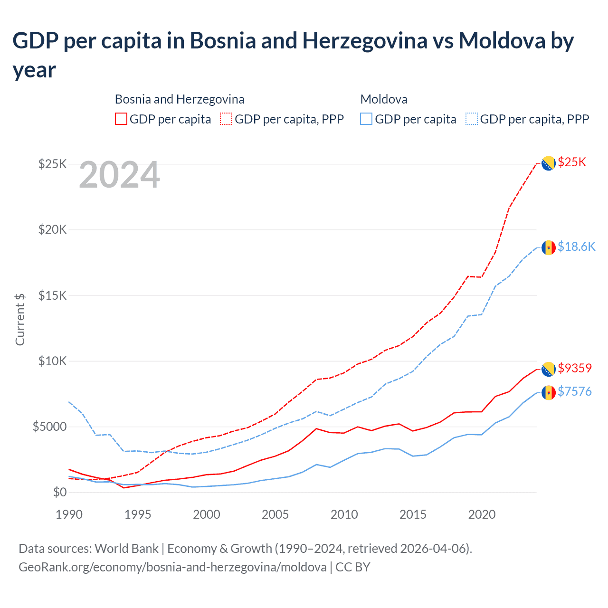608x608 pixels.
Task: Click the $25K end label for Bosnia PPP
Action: pyautogui.click(x=572, y=162)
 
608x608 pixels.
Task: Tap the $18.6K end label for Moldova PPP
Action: pyautogui.click(x=576, y=247)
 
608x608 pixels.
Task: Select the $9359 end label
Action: pyautogui.click(x=575, y=368)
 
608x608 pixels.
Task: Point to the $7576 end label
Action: pyautogui.click(x=575, y=391)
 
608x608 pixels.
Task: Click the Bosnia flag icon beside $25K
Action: pyautogui.click(x=549, y=163)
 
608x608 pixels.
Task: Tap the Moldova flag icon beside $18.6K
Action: pyautogui.click(x=549, y=247)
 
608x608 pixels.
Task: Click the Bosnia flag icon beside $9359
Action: pyautogui.click(x=549, y=369)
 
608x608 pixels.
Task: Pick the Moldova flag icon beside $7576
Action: pyautogui.click(x=549, y=392)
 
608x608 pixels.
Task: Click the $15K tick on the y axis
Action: pyautogui.click(x=52, y=295)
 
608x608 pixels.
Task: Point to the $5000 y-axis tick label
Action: pyautogui.click(x=49, y=427)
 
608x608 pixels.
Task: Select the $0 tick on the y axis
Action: pyautogui.click(x=59, y=492)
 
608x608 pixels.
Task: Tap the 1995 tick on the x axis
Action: pyautogui.click(x=138, y=514)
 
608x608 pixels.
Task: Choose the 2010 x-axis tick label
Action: pyautogui.click(x=344, y=514)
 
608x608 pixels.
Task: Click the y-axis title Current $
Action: pyautogui.click(x=20, y=319)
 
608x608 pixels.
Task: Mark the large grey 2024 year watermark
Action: pyautogui.click(x=119, y=175)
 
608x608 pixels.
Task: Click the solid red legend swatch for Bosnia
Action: pyautogui.click(x=121, y=119)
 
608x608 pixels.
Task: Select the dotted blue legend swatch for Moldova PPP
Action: pyautogui.click(x=472, y=119)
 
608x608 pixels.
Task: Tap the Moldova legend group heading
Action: pyautogui.click(x=384, y=99)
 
